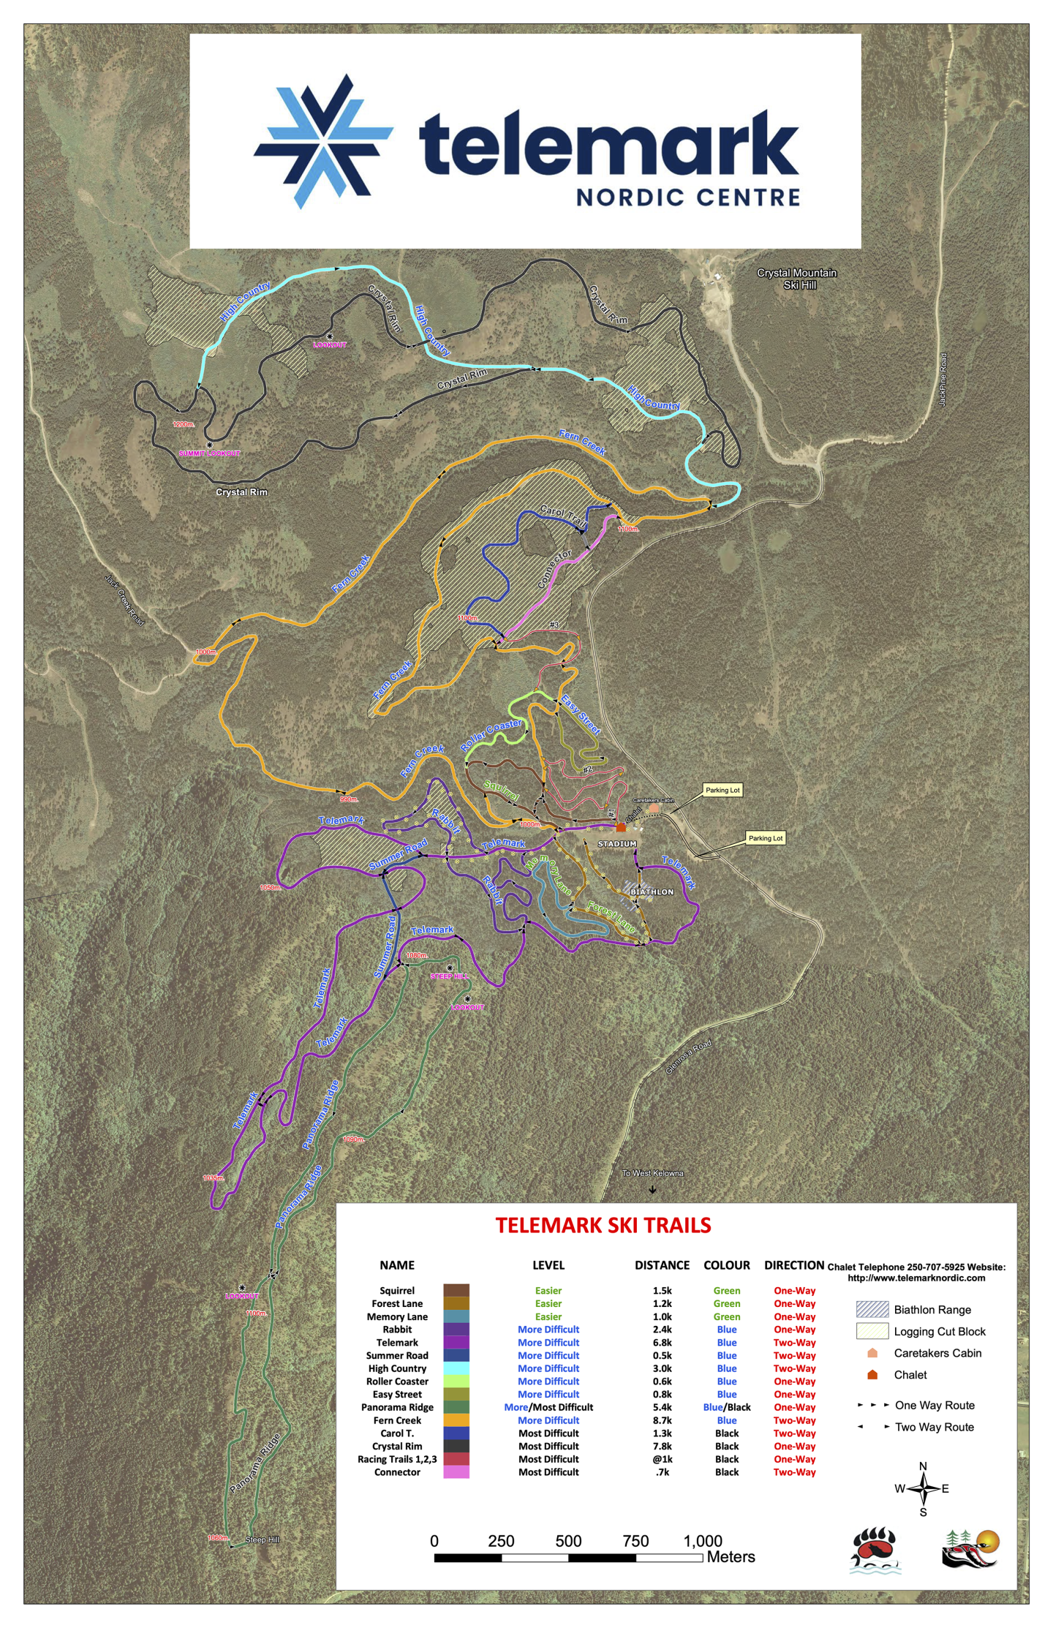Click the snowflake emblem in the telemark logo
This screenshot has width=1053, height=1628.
(323, 141)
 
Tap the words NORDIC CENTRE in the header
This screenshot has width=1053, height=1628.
(687, 197)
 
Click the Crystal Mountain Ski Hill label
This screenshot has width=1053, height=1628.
(796, 279)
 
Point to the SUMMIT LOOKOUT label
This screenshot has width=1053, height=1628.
(209, 453)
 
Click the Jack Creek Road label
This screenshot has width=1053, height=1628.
(124, 600)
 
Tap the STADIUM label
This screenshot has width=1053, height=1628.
(617, 844)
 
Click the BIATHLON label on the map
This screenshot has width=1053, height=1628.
(652, 892)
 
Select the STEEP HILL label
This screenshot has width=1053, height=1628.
(449, 976)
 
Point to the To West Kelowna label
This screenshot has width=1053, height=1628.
(652, 1173)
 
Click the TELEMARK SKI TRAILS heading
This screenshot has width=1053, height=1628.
(603, 1226)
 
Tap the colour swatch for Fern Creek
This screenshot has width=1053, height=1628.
(456, 1420)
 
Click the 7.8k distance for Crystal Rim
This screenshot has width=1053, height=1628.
(662, 1446)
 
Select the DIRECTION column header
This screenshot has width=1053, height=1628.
(793, 1265)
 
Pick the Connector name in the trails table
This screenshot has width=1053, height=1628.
(397, 1472)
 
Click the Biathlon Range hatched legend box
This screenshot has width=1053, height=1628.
(872, 1309)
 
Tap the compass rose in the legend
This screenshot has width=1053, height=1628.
(923, 1489)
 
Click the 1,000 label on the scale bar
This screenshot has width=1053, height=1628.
(702, 1541)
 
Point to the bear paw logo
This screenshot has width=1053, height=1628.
(875, 1550)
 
